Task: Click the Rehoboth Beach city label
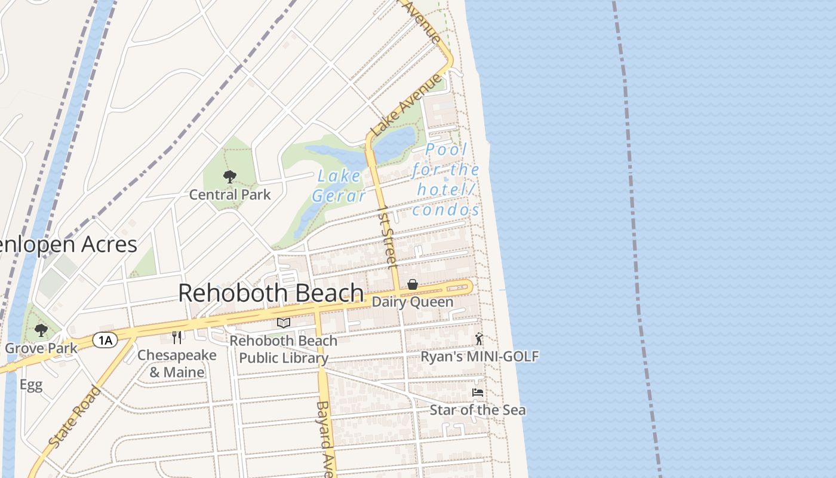pyautogui.click(x=271, y=293)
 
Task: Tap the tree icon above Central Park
pyautogui.click(x=229, y=177)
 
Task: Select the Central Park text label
pyautogui.click(x=229, y=195)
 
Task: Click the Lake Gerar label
pyautogui.click(x=339, y=186)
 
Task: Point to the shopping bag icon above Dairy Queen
pyautogui.click(x=412, y=285)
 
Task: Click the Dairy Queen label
pyautogui.click(x=412, y=302)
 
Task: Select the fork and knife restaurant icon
pyautogui.click(x=177, y=338)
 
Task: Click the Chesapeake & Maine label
pyautogui.click(x=177, y=363)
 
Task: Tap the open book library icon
pyautogui.click(x=284, y=323)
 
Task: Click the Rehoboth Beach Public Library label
pyautogui.click(x=284, y=350)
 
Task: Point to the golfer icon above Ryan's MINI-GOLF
pyautogui.click(x=479, y=339)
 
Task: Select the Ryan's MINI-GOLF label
pyautogui.click(x=480, y=357)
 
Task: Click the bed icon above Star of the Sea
pyautogui.click(x=478, y=393)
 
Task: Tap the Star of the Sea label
pyautogui.click(x=478, y=410)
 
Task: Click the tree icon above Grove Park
pyautogui.click(x=41, y=330)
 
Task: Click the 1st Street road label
pyautogui.click(x=387, y=238)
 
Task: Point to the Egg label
pyautogui.click(x=31, y=385)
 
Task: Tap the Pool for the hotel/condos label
pyautogui.click(x=446, y=179)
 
